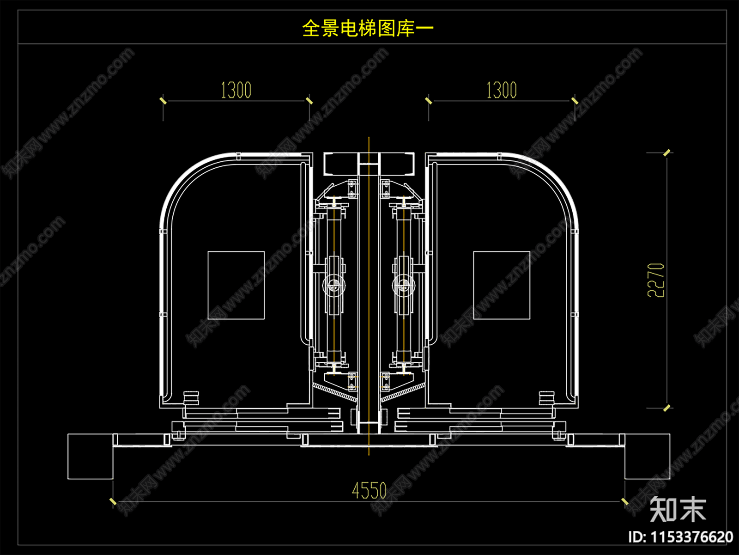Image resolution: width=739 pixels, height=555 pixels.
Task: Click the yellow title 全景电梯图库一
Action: pyautogui.click(x=368, y=29)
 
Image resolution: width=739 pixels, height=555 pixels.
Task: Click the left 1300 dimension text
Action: pyautogui.click(x=236, y=90)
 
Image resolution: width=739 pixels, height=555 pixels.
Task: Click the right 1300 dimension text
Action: pyautogui.click(x=501, y=90)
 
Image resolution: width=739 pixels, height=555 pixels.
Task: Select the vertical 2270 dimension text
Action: pyautogui.click(x=656, y=280)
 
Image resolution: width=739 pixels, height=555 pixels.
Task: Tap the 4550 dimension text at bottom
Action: pyautogui.click(x=369, y=491)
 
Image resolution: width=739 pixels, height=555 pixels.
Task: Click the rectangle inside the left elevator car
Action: pyautogui.click(x=236, y=285)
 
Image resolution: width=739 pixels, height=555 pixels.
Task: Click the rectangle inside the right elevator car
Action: pyautogui.click(x=502, y=285)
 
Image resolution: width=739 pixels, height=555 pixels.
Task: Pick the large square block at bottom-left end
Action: pyautogui.click(x=91, y=456)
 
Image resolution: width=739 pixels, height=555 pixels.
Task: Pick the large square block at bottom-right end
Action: pyautogui.click(x=647, y=456)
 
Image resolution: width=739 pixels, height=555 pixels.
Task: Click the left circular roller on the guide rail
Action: pyautogui.click(x=333, y=285)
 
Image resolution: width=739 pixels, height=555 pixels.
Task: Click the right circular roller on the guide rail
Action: pyautogui.click(x=403, y=285)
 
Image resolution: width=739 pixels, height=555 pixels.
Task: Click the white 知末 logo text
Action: pyautogui.click(x=678, y=509)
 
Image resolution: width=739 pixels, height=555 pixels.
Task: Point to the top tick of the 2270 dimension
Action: pyautogui.click(x=666, y=152)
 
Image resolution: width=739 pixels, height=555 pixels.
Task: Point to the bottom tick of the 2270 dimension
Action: pyautogui.click(x=666, y=408)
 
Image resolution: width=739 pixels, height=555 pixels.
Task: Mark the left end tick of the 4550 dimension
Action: pyautogui.click(x=113, y=501)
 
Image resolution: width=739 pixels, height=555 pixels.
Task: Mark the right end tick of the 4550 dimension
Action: pyautogui.click(x=625, y=501)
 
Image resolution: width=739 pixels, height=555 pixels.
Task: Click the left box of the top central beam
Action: pyautogui.click(x=341, y=164)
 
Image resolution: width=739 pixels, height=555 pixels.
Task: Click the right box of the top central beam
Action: pyautogui.click(x=397, y=164)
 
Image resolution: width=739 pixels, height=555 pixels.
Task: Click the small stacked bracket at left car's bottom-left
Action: pyautogui.click(x=191, y=398)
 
